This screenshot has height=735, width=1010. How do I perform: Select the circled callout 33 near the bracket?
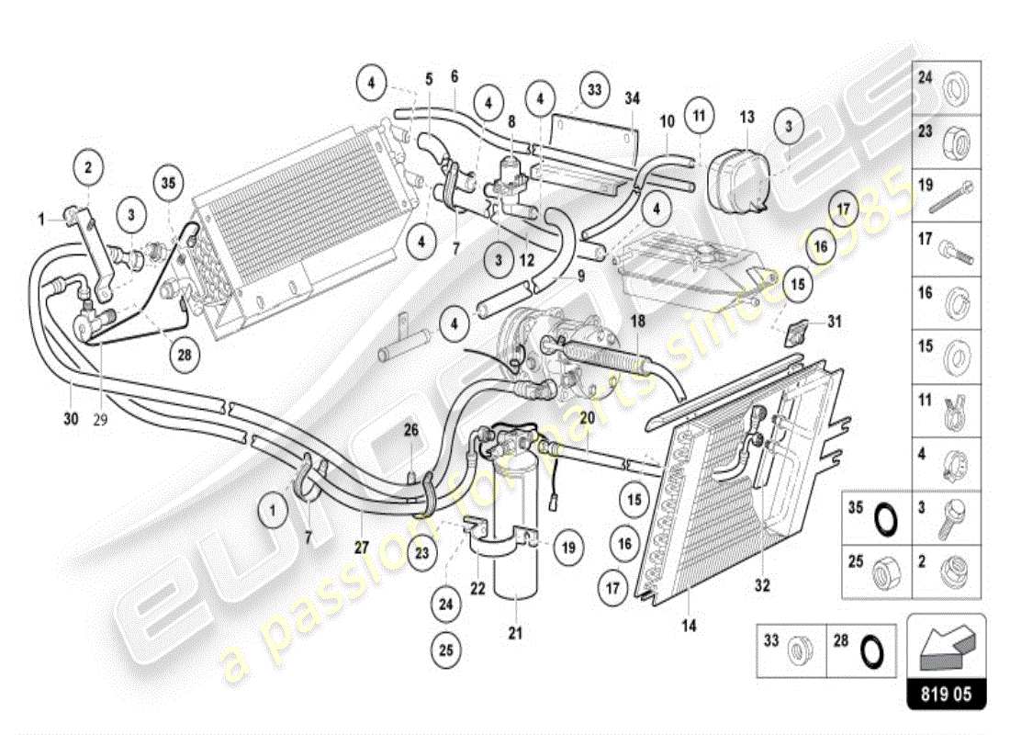point(595,90)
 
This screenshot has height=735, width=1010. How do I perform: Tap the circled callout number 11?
point(700,117)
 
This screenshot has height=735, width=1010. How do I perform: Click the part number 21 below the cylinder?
point(516,632)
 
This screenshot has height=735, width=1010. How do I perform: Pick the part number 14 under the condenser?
point(689,626)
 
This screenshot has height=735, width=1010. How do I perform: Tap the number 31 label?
point(834,322)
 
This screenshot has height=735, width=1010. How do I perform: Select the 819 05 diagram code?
point(946,693)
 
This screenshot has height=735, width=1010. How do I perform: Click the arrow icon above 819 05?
point(946,643)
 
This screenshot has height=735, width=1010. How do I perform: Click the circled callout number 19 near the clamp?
point(567,548)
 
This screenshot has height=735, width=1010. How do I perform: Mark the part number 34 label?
point(632,98)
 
